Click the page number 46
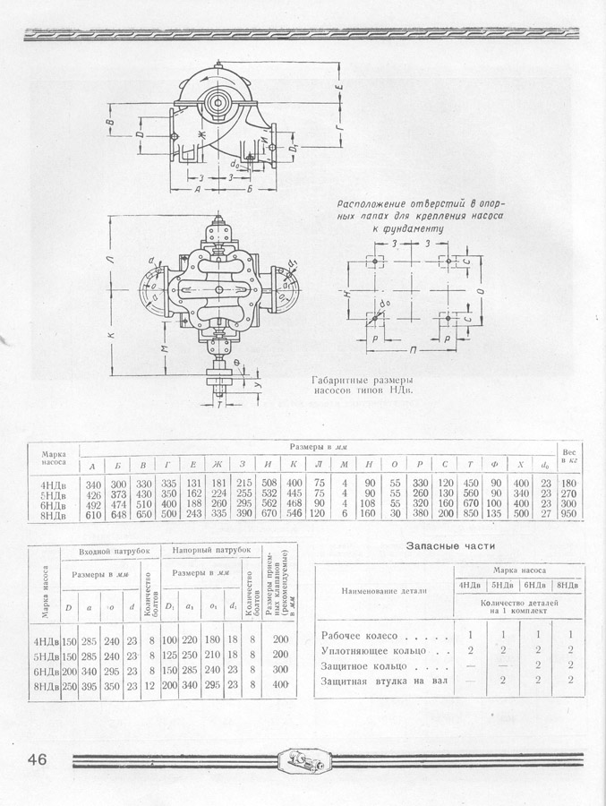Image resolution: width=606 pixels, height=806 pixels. (x=31, y=760)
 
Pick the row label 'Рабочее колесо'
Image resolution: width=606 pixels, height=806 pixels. (x=362, y=635)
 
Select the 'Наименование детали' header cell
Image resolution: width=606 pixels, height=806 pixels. (x=383, y=591)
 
